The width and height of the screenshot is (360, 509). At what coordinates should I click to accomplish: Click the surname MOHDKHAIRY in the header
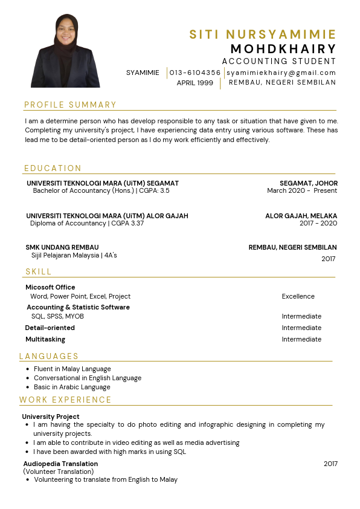click(x=283, y=48)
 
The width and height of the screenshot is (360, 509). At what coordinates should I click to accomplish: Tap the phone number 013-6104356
click(x=195, y=73)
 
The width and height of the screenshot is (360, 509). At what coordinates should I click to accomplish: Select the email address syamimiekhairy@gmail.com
click(x=281, y=73)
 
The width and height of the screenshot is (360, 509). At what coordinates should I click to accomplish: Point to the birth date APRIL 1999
click(x=195, y=83)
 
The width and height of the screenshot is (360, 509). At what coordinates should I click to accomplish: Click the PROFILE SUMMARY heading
click(x=71, y=105)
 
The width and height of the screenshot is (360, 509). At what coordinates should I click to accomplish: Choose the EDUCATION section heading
click(x=53, y=168)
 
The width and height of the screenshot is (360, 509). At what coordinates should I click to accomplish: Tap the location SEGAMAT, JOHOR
click(x=308, y=183)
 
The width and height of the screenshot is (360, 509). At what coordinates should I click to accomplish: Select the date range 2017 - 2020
click(x=318, y=223)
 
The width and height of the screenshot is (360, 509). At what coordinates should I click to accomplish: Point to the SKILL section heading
click(x=39, y=272)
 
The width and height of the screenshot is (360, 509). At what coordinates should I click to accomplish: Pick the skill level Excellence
click(x=298, y=296)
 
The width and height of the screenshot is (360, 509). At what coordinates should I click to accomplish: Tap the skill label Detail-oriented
click(x=50, y=328)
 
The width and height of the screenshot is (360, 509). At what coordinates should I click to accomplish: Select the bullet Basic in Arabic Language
click(x=72, y=387)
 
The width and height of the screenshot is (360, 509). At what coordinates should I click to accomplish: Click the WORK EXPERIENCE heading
click(x=66, y=400)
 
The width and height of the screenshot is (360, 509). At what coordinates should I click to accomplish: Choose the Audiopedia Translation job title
click(x=60, y=464)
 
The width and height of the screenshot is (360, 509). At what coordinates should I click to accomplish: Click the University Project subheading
click(x=51, y=417)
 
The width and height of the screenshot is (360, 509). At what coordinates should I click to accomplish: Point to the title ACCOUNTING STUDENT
click(x=279, y=61)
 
